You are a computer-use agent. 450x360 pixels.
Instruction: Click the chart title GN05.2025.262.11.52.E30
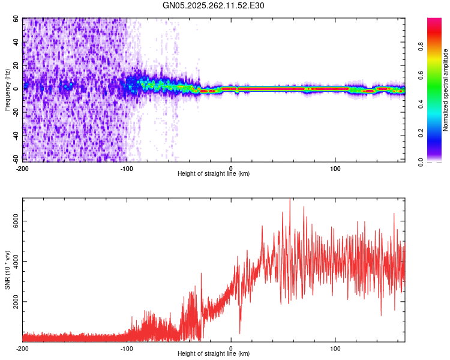click(x=214, y=5)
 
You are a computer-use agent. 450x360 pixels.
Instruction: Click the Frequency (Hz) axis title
click(x=8, y=90)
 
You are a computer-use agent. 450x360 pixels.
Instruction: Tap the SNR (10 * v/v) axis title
click(x=8, y=270)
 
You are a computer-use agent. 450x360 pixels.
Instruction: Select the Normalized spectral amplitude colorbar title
click(x=445, y=90)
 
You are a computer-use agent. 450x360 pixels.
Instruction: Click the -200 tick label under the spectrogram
click(x=23, y=168)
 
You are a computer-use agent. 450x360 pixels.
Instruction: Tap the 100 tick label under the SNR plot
click(x=335, y=348)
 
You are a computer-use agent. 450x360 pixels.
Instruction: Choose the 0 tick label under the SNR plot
click(x=231, y=348)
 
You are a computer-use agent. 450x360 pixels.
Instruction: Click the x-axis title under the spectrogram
click(x=214, y=174)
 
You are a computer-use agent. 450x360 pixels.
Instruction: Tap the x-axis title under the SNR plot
click(x=214, y=354)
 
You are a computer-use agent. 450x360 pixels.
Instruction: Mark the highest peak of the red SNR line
click(x=290, y=200)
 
